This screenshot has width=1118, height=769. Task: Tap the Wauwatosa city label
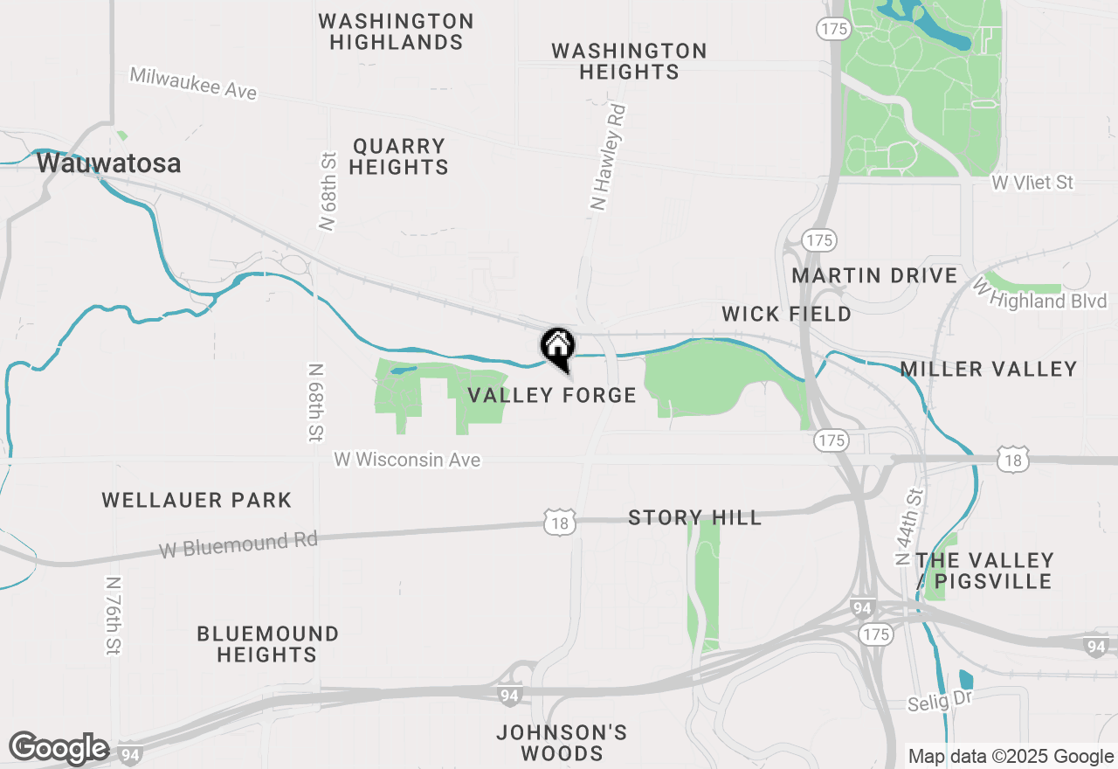[108, 163]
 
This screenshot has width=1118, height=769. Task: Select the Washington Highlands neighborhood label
[396, 31]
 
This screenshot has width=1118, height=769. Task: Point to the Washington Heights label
[629, 61]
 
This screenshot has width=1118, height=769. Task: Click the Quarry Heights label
[399, 156]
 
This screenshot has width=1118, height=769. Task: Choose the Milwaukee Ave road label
[193, 84]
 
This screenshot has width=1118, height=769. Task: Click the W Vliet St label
[1032, 183]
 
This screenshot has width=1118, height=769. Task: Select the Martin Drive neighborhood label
[874, 276]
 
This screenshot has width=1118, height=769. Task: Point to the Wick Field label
[786, 314]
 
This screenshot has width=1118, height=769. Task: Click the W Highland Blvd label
[1041, 294]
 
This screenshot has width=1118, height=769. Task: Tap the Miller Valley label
[989, 370]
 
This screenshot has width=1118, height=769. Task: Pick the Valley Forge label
[552, 396]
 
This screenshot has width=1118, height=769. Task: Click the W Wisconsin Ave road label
[407, 459]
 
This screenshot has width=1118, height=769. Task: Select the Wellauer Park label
[197, 501]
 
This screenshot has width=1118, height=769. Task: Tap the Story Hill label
[694, 518]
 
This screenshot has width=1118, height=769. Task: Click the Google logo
[59, 748]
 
